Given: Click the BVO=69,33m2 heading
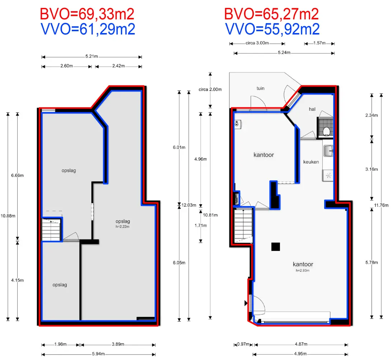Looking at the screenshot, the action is (x=87, y=14).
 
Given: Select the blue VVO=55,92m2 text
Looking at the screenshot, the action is (x=272, y=29).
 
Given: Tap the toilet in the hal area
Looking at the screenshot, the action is (x=326, y=131).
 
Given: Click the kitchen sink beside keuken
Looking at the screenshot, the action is (x=328, y=151).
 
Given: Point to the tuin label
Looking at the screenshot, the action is (x=260, y=88).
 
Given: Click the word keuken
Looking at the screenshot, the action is (x=311, y=162).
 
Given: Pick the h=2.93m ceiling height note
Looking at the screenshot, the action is (x=303, y=271).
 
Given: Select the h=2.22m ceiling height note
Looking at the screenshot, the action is (x=122, y=227).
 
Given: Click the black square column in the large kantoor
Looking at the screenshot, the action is (x=275, y=247).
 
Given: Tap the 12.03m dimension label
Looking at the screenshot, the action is (x=189, y=205).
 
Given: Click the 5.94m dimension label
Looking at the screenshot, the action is (x=98, y=354).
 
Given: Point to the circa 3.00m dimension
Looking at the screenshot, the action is (x=257, y=43).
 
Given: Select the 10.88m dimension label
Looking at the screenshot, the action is (x=8, y=216).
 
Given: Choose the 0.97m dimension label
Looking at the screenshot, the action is (x=243, y=344).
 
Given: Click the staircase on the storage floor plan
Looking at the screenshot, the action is (x=51, y=229).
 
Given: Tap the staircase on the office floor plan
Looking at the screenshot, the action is (x=243, y=226).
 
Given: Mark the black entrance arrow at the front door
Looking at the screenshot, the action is (x=246, y=303).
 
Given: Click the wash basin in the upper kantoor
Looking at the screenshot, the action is (x=238, y=124).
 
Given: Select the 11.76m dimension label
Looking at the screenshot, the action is (x=381, y=205).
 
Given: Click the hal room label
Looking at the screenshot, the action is (x=312, y=109).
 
